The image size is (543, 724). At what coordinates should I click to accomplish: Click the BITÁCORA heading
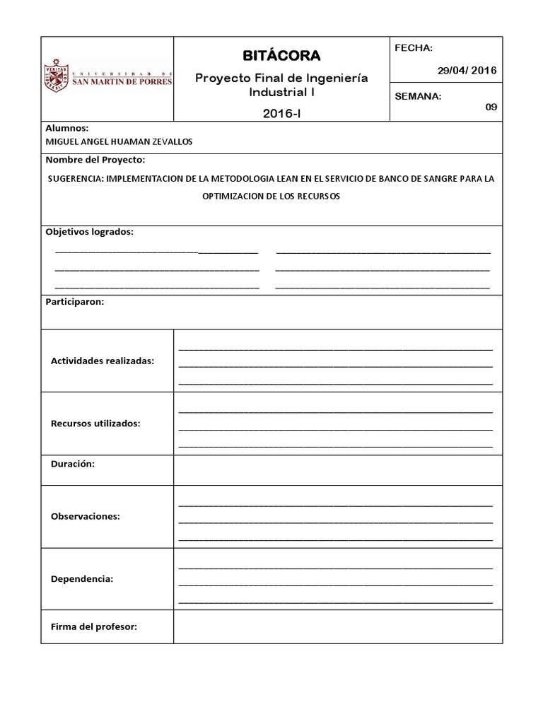(x=281, y=55)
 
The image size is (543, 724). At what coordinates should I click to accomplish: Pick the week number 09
(x=491, y=107)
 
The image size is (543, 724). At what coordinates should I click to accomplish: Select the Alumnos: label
(x=67, y=129)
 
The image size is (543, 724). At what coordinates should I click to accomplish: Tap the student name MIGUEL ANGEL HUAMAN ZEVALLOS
(x=119, y=141)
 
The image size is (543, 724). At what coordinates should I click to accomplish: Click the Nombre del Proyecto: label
(x=95, y=160)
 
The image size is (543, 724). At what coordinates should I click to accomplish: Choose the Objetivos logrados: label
(x=89, y=232)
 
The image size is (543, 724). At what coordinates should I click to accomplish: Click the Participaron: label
(x=75, y=302)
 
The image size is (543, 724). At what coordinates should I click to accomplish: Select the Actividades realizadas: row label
(x=103, y=361)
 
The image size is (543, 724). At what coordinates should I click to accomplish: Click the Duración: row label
(x=73, y=465)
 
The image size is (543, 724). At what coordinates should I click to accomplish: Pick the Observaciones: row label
(x=86, y=516)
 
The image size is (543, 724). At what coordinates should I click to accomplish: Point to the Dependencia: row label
(x=82, y=578)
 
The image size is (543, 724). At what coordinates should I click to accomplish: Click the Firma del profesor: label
(x=94, y=626)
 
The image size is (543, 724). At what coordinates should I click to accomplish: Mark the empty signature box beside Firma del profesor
(x=338, y=626)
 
